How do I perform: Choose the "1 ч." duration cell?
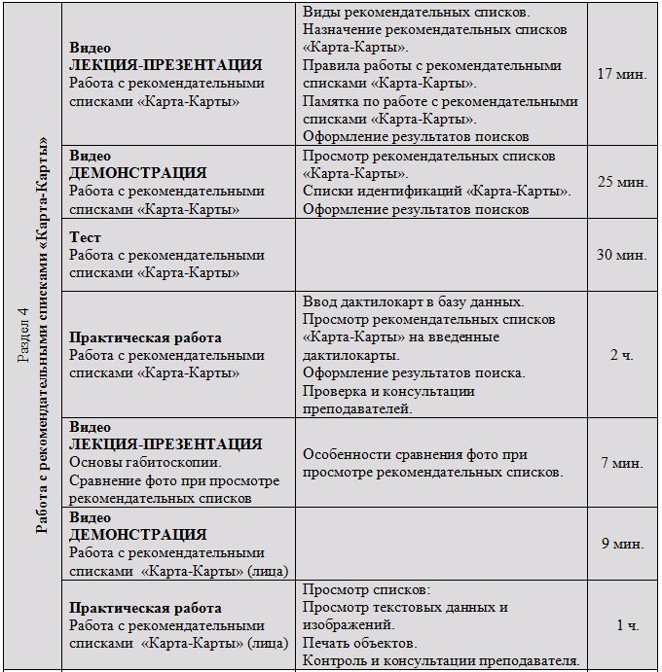[627, 625]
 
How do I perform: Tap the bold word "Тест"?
[86, 237]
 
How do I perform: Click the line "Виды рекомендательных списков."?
[416, 13]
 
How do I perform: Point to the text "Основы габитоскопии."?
[145, 462]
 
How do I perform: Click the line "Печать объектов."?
[359, 644]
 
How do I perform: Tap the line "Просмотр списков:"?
[365, 590]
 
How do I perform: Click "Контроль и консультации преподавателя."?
[441, 661]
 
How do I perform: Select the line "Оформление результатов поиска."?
[414, 372]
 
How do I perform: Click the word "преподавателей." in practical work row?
[357, 408]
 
